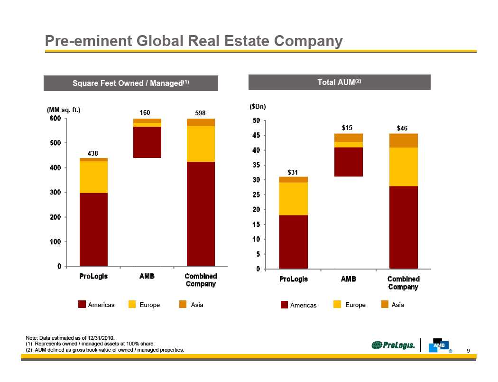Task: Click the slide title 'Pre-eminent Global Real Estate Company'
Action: [x=194, y=41]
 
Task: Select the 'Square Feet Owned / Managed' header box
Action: [x=131, y=83]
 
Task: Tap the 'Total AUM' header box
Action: [x=339, y=82]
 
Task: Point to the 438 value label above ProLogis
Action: [x=93, y=153]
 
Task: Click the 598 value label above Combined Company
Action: [x=201, y=113]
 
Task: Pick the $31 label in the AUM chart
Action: [x=293, y=172]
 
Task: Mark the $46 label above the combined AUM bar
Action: [x=403, y=128]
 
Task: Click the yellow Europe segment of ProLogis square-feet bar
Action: [x=93, y=177]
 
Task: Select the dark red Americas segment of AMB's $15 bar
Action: [x=349, y=162]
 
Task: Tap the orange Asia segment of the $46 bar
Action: [x=403, y=140]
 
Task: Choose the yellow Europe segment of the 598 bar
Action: [x=201, y=144]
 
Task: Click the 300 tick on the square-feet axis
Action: [x=56, y=192]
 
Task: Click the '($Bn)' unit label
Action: [x=258, y=107]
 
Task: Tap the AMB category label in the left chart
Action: [x=147, y=276]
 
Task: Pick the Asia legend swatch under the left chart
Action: [x=183, y=305]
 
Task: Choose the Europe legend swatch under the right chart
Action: [x=337, y=305]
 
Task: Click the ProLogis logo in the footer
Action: [x=393, y=345]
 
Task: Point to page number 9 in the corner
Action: [x=468, y=351]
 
